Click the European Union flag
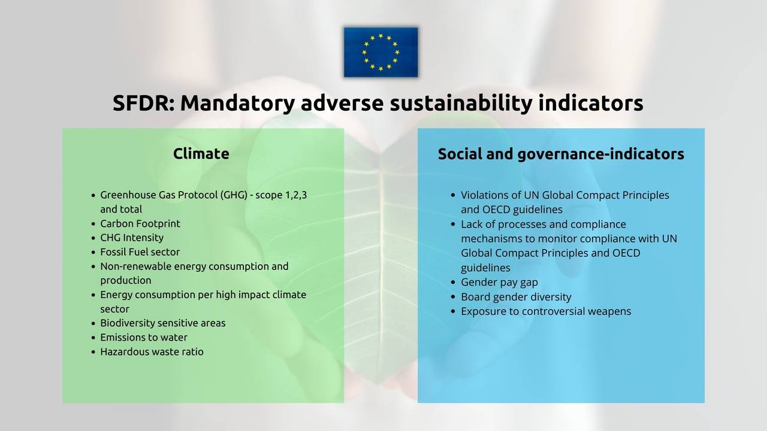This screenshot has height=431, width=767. click(381, 52)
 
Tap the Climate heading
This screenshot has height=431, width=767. click(201, 154)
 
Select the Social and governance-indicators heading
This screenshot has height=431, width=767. click(560, 154)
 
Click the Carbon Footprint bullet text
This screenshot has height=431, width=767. click(140, 223)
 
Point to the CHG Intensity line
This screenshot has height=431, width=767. click(131, 238)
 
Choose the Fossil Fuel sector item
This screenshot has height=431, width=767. click(140, 252)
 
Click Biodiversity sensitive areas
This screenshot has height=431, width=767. click(162, 323)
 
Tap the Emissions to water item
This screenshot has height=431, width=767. click(143, 338)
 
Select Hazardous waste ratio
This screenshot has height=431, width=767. click(152, 352)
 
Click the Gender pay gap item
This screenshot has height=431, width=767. click(499, 283)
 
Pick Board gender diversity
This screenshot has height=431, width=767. click(515, 297)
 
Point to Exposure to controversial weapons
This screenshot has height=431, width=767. click(545, 311)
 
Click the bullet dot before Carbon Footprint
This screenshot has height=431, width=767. click(93, 224)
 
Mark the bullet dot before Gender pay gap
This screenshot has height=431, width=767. click(454, 283)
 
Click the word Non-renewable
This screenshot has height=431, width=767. click(136, 266)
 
